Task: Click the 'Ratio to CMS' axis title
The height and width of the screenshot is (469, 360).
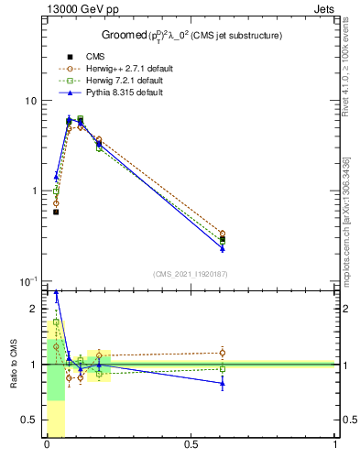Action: (x=13, y=364)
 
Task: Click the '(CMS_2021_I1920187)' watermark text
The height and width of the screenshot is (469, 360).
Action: (x=191, y=274)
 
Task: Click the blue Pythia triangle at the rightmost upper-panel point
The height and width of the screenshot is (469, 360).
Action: (x=222, y=248)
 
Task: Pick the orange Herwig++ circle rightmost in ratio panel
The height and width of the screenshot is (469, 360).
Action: (x=222, y=353)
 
